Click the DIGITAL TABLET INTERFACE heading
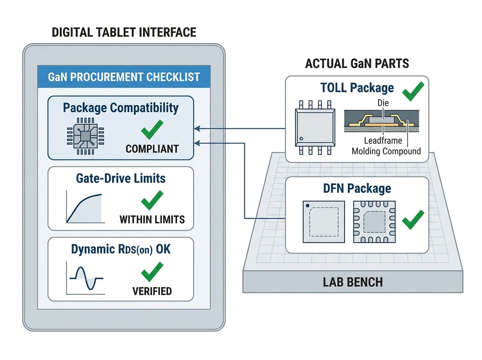[124, 32]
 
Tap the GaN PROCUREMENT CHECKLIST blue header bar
[124, 77]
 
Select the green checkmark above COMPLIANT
[152, 129]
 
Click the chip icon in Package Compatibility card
[86, 136]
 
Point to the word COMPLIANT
[152, 149]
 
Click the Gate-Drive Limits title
[120, 178]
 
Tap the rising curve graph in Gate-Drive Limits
[86, 207]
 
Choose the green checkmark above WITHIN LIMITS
[152, 200]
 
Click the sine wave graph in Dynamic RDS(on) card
[86, 278]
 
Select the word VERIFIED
[152, 291]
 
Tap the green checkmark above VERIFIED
[152, 272]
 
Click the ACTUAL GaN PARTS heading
[357, 63]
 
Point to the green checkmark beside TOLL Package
[413, 91]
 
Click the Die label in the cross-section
[383, 103]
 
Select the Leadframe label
[383, 141]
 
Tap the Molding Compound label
[386, 151]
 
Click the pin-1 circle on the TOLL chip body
[301, 139]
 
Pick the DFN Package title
[357, 188]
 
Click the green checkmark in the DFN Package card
[413, 220]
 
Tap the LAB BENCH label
[353, 282]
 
